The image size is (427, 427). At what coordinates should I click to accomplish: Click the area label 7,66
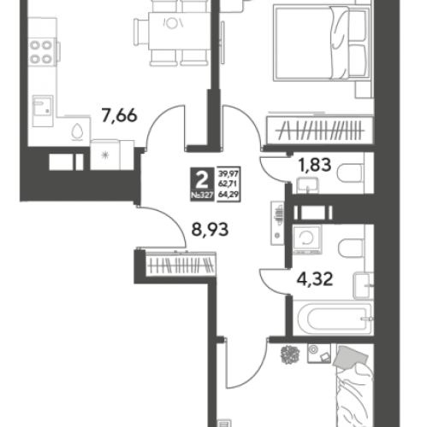[120, 116]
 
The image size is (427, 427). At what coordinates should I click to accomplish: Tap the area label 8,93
[210, 230]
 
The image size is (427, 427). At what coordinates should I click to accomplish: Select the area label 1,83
[314, 165]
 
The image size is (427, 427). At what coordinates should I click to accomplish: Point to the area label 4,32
[315, 279]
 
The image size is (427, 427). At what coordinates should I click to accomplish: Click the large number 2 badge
[202, 180]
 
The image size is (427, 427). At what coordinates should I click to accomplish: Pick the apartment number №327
[202, 196]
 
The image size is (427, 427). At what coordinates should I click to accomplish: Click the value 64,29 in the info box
[228, 195]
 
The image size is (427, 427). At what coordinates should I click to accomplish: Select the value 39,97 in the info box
[228, 173]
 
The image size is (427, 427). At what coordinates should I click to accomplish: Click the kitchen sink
[43, 111]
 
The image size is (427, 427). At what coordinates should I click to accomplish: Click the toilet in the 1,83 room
[351, 173]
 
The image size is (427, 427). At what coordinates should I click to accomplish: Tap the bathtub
[334, 319]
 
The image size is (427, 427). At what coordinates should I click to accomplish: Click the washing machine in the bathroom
[307, 239]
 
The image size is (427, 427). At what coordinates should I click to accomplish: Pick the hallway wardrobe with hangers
[181, 265]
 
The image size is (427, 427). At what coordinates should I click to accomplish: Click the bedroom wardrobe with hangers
[320, 131]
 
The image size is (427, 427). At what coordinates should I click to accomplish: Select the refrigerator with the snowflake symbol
[105, 155]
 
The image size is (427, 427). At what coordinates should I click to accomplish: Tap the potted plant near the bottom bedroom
[290, 354]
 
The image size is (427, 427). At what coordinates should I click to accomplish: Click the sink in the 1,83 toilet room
[307, 185]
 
